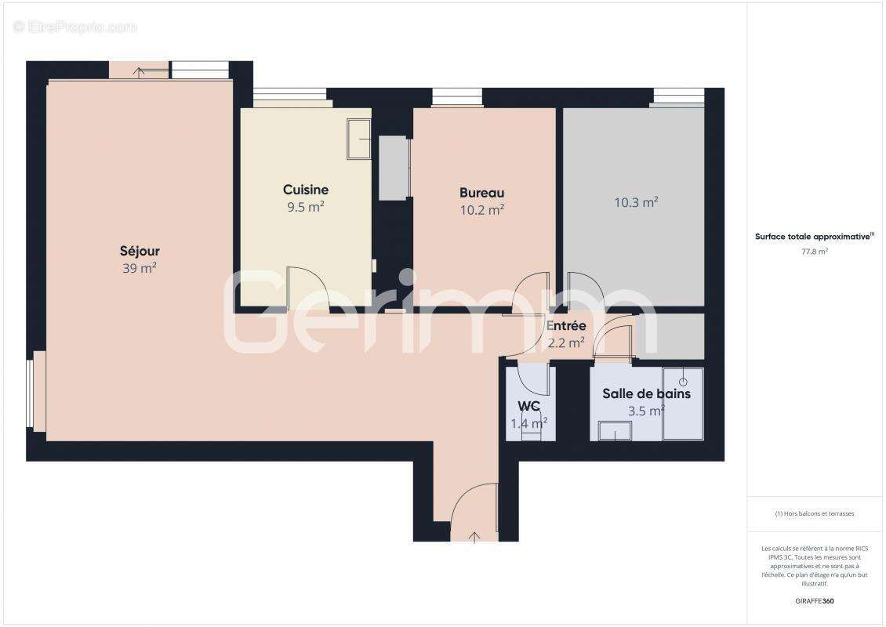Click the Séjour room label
[140, 252]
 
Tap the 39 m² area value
[140, 269]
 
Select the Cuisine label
[306, 190]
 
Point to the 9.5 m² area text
[306, 208]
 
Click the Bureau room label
[481, 193]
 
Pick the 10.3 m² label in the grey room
[635, 203]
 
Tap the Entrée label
[566, 326]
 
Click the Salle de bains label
[646, 393]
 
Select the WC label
[529, 406]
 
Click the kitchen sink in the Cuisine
[359, 139]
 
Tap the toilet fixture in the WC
[531, 431]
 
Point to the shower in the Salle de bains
[682, 404]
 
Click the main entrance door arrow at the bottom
[474, 537]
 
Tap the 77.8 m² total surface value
[815, 252]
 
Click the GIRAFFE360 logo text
[815, 602]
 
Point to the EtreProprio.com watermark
[75, 27]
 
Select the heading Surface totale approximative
[813, 236]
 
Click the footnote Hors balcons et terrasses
[815, 514]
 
